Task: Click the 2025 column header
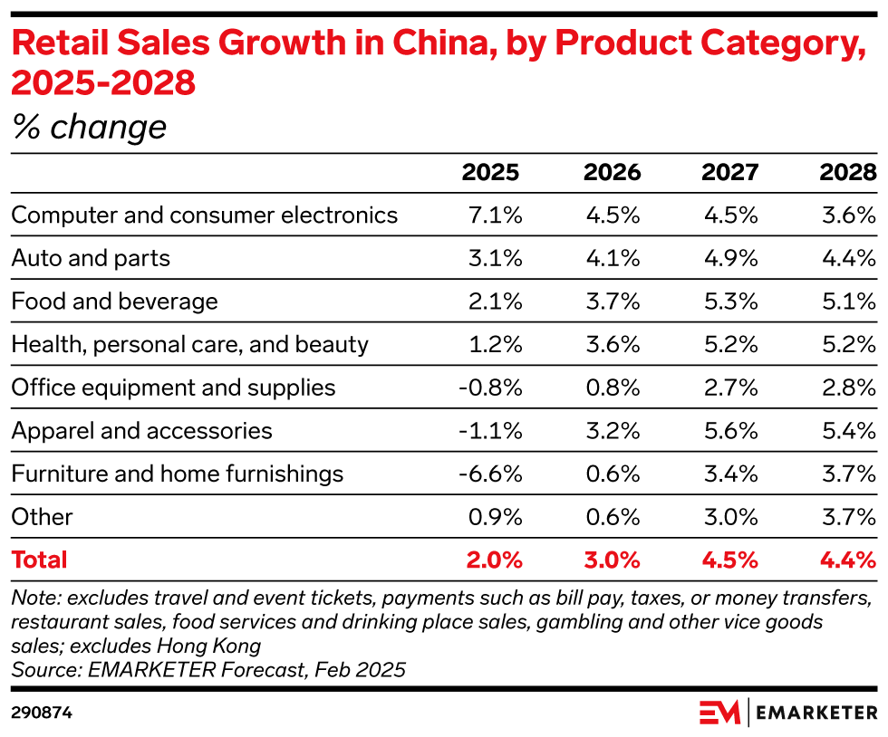tap(491, 172)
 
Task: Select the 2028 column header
tap(847, 172)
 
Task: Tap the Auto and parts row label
tap(91, 258)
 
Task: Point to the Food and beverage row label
tap(114, 301)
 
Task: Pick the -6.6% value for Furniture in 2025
tap(490, 474)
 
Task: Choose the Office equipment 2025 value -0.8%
tap(490, 388)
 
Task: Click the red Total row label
tap(39, 560)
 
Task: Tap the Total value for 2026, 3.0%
tap(612, 560)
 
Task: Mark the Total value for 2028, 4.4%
tap(848, 560)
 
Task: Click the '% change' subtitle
tap(89, 127)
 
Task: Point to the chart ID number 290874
tap(42, 713)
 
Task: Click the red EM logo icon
tap(719, 713)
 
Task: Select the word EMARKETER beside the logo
tap(816, 713)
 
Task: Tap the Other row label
tap(42, 517)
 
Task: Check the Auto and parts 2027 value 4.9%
tap(730, 258)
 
